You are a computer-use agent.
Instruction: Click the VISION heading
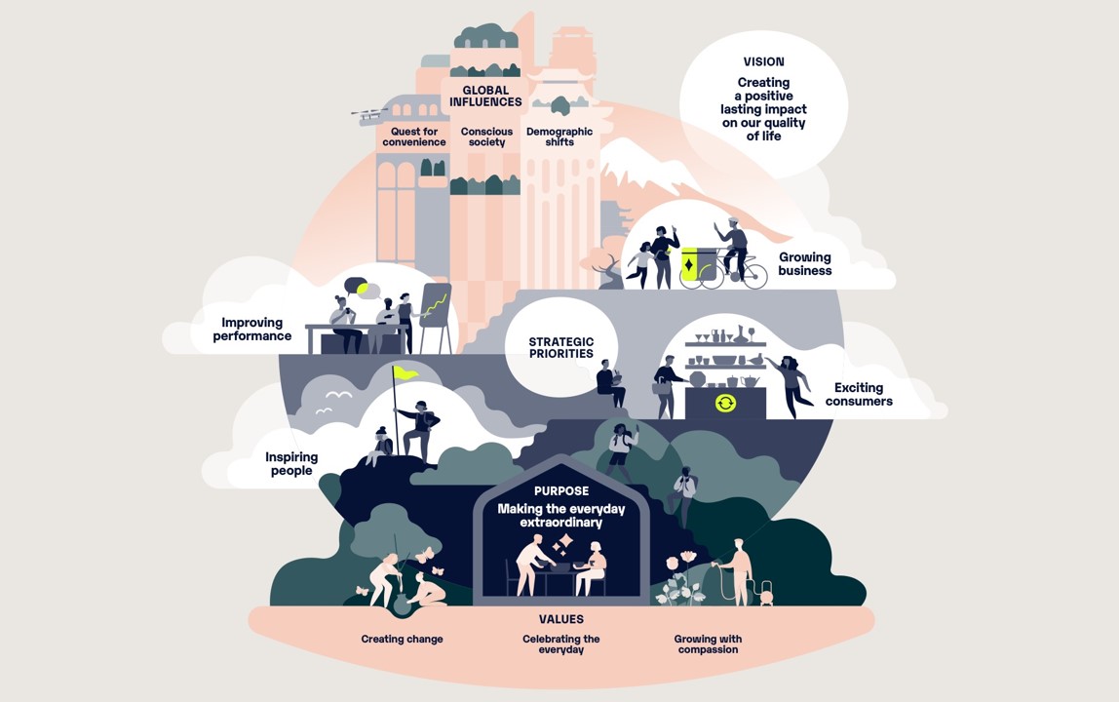[x=763, y=62]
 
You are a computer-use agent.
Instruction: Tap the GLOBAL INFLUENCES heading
[x=485, y=97]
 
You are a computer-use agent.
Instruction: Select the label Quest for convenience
[x=413, y=136]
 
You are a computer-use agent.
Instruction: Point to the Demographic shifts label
[x=559, y=136]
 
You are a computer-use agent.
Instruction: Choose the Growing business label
[x=804, y=264]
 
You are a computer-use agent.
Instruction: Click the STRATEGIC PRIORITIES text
[x=560, y=348]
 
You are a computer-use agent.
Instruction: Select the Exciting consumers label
[x=858, y=394]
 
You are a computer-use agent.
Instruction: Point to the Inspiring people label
[x=291, y=464]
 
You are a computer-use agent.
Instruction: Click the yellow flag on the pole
[x=405, y=372]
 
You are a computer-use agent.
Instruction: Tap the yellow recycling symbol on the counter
[x=725, y=404]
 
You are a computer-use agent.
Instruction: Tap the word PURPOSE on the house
[x=560, y=491]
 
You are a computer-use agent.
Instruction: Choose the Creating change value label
[x=402, y=640]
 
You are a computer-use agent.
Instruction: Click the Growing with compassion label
[x=708, y=644]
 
